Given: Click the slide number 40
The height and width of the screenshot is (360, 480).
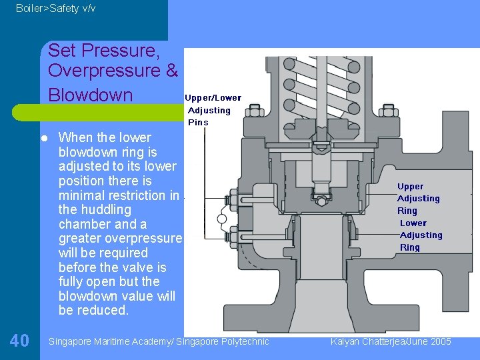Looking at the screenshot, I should pos(19,341).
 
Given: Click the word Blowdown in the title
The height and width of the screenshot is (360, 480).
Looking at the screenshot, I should pos(91,95).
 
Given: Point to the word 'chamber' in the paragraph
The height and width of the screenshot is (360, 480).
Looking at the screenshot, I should pos(85,225).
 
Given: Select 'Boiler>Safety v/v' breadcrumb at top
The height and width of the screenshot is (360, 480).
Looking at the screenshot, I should pos(55,8).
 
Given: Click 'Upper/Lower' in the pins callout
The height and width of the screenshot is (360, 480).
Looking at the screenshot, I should pos(213,98).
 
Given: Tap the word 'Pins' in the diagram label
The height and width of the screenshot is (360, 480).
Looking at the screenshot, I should pos(198,123).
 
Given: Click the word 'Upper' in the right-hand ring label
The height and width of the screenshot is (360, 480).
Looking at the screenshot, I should pos(410,187).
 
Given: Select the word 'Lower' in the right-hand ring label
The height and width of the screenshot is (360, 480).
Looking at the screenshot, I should pos(413,223).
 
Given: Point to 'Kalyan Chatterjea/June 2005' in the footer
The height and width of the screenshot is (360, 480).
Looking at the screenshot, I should pos(391,341).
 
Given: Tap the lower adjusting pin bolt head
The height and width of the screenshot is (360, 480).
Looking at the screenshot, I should pos(233,235).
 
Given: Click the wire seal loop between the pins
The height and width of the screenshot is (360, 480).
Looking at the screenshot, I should pos(223,217).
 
